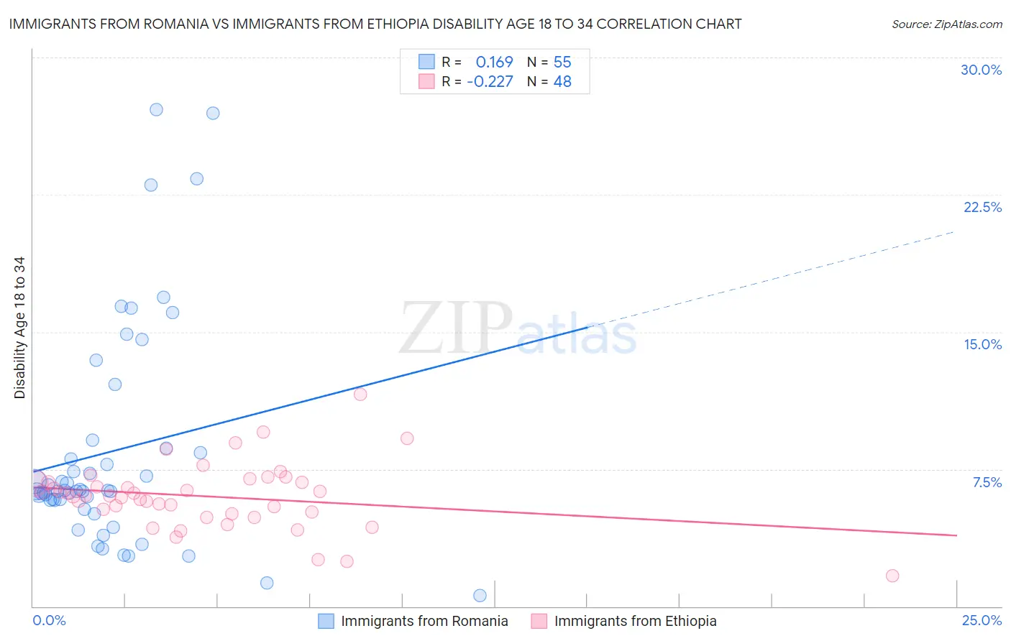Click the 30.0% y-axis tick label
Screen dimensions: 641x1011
pos(981,70)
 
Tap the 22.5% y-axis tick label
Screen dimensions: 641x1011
pos(982,207)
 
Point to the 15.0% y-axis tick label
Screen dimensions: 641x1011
pos(982,344)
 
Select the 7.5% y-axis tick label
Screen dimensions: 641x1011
pos(987,482)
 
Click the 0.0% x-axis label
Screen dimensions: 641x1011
pos(49,620)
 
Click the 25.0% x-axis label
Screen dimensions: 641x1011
pos(982,620)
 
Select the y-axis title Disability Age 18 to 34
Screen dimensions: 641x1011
pos(19,328)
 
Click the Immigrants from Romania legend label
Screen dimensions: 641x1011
pos(424,621)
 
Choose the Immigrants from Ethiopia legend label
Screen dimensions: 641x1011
pos(635,621)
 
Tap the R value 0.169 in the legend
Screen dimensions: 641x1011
pos(494,62)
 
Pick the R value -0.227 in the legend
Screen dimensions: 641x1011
pos(490,82)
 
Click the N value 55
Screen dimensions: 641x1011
pos(562,62)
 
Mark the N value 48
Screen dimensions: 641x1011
pos(562,82)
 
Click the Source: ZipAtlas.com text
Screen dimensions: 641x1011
pos(946,24)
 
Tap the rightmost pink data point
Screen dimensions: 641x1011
pos(892,576)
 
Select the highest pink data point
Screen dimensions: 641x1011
pos(360,394)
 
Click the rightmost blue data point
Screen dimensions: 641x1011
pos(480,595)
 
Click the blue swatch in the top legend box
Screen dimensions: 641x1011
pos(426,62)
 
